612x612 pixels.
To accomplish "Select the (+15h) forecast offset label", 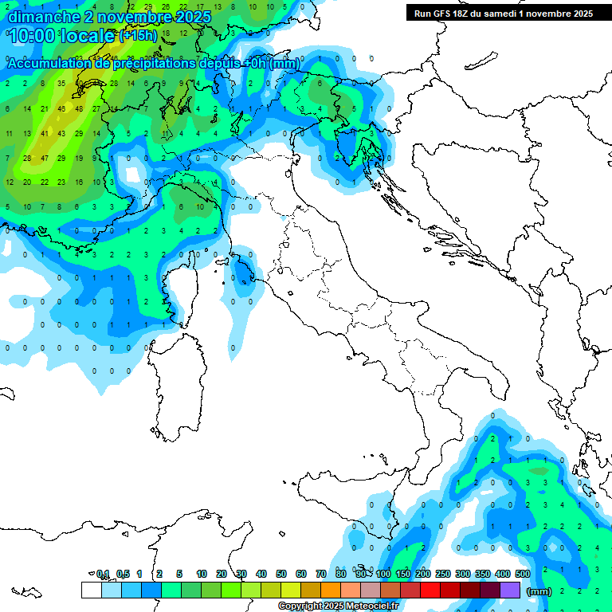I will (x=138, y=36).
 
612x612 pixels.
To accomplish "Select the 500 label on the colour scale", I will (x=523, y=574).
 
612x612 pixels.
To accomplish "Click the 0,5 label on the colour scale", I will (x=123, y=574).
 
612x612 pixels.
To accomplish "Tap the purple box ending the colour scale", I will (x=510, y=590).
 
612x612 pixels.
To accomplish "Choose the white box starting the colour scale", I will (x=91, y=590).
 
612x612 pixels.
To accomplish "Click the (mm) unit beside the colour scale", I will (x=539, y=591).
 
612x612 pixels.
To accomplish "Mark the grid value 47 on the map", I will (x=44, y=158).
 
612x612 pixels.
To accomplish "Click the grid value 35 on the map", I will (x=61, y=83).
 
